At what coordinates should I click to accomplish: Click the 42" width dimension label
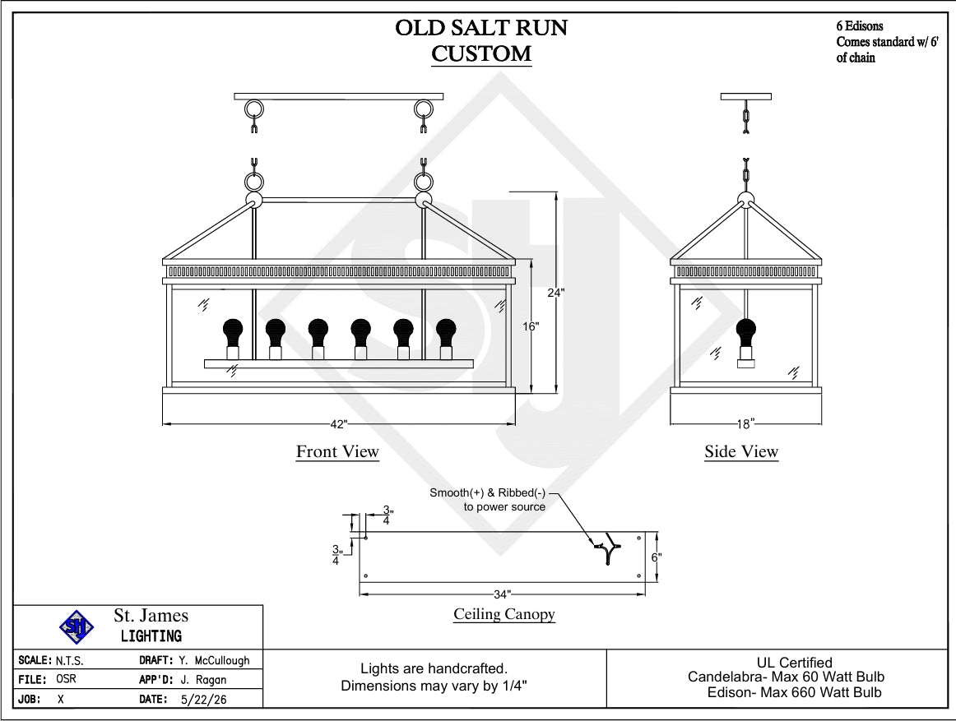pos(338,424)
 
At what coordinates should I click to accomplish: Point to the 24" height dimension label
pos(555,293)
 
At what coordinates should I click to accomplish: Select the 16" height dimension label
pos(531,326)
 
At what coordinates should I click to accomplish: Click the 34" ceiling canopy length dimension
pos(503,594)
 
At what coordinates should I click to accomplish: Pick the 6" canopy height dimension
pos(656,557)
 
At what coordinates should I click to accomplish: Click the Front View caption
pos(338,451)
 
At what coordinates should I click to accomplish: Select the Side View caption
pos(741,451)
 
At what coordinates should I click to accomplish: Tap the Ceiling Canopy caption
pos(504,614)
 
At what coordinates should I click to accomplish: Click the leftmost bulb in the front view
pos(232,339)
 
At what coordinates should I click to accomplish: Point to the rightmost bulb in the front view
pos(446,339)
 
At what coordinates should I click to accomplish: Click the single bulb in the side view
pos(745,343)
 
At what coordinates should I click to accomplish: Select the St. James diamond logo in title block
pos(77,627)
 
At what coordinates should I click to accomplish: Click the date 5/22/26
pos(204,700)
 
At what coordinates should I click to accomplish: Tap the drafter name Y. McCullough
pos(214,661)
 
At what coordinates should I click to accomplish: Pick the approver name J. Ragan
pos(203,680)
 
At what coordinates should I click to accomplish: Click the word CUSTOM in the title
pos(481,53)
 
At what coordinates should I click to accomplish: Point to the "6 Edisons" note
pos(860,26)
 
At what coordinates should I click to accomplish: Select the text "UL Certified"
pos(795,663)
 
